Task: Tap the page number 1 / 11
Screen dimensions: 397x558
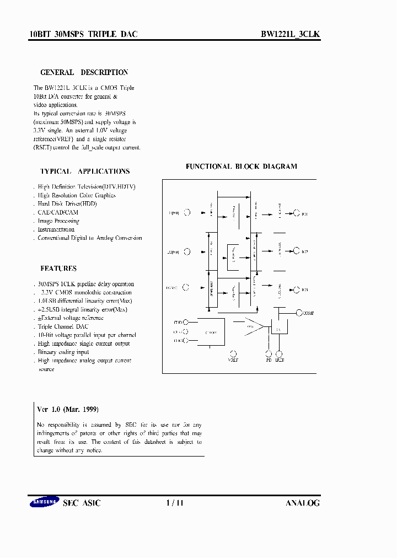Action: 174,503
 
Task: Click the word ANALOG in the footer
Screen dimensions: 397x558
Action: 302,503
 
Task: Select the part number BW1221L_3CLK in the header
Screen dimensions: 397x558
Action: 290,34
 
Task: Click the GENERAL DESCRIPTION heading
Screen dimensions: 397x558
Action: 84,72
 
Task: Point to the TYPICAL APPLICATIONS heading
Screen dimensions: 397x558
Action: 85,171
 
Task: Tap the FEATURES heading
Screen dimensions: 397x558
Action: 58,269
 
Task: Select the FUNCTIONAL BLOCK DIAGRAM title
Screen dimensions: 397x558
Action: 241,166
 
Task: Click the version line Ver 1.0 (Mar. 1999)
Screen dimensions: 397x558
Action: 68,410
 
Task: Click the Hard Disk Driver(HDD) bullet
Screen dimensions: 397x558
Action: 67,203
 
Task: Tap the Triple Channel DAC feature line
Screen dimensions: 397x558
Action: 63,326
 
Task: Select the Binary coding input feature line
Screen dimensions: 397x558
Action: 63,352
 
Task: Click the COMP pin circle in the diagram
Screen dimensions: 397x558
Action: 298,313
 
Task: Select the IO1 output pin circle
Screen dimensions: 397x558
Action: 297,213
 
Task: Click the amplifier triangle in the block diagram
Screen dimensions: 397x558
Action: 254,328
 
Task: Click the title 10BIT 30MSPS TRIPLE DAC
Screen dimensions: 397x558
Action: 83,34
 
